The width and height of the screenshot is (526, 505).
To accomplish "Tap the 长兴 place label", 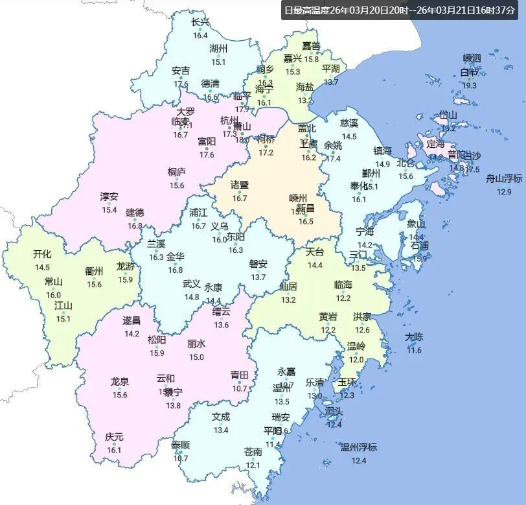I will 200,23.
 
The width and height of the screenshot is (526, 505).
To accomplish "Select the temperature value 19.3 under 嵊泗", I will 469,86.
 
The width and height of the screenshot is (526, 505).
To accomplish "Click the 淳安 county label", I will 109,196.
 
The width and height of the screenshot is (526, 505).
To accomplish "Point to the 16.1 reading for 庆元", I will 114,450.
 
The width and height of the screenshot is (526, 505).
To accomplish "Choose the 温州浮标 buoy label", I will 359,447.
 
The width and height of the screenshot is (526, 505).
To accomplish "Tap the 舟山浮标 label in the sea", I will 504,178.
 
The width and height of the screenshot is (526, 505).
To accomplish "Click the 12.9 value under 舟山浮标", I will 504,191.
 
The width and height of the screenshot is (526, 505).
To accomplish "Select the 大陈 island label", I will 414,337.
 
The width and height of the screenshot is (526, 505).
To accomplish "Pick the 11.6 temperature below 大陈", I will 414,350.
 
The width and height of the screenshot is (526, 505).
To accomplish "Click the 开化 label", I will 42,254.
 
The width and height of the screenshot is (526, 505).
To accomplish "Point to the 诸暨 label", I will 240,185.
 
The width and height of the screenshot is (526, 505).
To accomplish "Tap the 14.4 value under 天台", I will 315,265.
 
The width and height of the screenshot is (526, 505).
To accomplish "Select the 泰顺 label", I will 181,445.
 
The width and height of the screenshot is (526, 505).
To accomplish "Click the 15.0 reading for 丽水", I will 196,357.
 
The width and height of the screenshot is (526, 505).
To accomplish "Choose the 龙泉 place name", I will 120,382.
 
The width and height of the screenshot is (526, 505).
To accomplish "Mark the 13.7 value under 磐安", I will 258,277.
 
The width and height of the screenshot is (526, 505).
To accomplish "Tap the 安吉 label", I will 181,71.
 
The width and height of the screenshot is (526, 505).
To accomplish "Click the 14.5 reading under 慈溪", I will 349,136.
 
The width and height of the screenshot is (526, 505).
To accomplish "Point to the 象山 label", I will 417,224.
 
